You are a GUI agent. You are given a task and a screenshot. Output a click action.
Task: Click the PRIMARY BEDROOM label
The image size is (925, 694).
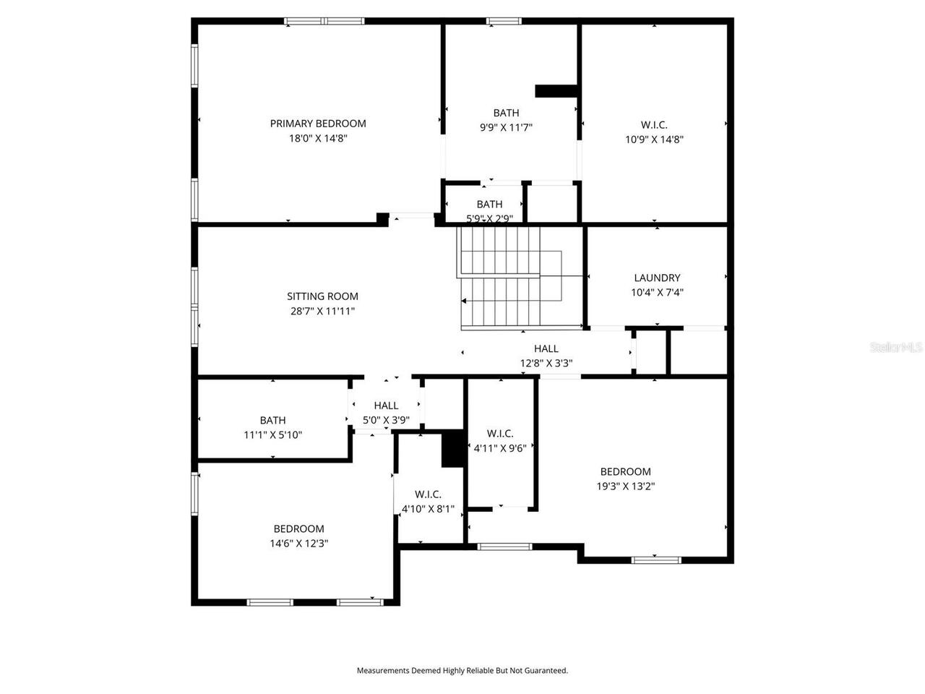[318, 124]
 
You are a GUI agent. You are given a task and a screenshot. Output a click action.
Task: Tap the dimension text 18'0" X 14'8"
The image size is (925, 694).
[318, 139]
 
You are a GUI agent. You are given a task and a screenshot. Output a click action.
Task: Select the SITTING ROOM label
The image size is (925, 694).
[322, 296]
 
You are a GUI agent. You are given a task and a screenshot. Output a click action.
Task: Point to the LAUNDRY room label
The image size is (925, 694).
[657, 278]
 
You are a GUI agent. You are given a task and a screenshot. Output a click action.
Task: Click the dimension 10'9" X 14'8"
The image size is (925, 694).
[654, 140]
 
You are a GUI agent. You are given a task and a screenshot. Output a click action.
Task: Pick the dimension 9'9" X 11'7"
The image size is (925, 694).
[506, 128]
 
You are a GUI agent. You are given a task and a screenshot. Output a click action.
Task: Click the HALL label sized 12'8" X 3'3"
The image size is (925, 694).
[546, 349]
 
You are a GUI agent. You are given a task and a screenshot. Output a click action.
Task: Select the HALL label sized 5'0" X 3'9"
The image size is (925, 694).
[386, 406]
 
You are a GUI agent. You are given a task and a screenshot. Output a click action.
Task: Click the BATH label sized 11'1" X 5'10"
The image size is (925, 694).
[272, 420]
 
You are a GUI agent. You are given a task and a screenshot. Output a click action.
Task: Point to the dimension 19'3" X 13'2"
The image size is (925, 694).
[625, 487]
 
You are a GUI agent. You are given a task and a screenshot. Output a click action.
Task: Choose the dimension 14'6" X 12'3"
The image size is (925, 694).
[298, 544]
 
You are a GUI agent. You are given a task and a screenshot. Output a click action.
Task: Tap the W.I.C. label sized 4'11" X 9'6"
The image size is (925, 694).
[500, 434]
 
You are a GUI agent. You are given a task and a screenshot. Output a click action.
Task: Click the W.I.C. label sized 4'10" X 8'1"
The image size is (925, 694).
[428, 494]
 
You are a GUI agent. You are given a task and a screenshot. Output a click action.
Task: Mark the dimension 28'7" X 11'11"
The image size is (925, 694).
[322, 312]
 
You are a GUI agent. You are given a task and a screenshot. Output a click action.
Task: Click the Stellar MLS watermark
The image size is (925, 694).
[896, 347]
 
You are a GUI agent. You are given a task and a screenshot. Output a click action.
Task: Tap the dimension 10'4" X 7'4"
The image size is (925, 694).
[657, 293]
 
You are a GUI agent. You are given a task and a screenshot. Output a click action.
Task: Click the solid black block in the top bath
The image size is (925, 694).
[556, 91]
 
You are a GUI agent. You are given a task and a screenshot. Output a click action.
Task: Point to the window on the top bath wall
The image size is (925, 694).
[504, 21]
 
